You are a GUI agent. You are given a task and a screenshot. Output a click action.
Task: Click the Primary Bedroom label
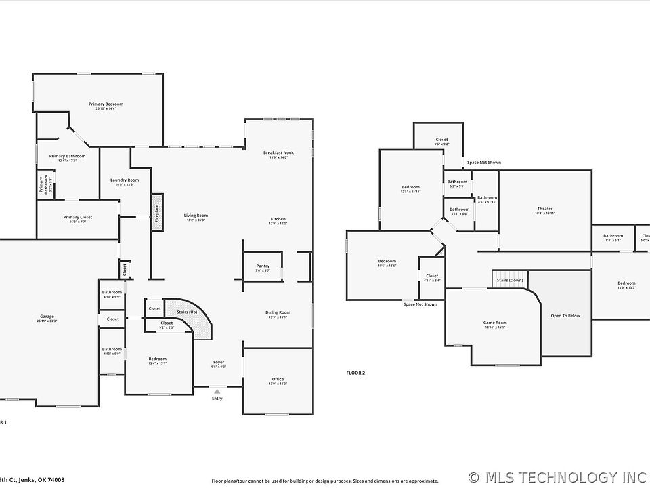[x=106, y=104]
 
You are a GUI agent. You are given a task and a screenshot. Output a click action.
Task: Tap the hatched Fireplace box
[x=156, y=213]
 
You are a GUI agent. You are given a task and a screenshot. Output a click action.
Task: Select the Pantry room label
[x=263, y=266]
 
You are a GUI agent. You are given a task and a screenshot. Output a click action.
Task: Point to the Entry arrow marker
[x=217, y=391]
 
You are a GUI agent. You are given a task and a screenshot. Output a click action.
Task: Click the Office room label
[x=278, y=379]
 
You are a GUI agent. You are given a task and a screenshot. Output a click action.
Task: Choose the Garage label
[x=47, y=317]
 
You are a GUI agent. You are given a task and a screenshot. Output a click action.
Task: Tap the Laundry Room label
[x=124, y=180]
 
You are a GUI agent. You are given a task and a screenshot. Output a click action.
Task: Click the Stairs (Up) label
[x=187, y=311]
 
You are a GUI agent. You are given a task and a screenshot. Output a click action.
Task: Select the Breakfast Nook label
[x=278, y=153]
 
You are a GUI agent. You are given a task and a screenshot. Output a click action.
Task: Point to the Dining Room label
[x=278, y=312]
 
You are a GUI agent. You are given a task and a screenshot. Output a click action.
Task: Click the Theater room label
[x=545, y=209]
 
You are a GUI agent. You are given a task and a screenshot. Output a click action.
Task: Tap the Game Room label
[x=494, y=323]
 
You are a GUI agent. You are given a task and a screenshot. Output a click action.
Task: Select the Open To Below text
[x=565, y=316]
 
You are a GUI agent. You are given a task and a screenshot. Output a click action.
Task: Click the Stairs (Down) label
[x=510, y=280]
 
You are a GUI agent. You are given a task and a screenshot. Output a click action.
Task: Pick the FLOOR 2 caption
[x=355, y=373]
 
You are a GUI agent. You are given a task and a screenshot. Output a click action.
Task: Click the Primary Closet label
[x=78, y=217]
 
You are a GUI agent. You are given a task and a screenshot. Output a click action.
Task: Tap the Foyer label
[x=218, y=362]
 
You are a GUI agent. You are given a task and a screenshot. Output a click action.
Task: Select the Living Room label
[x=195, y=216]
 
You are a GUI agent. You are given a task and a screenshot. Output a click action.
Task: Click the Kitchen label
[x=278, y=219]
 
